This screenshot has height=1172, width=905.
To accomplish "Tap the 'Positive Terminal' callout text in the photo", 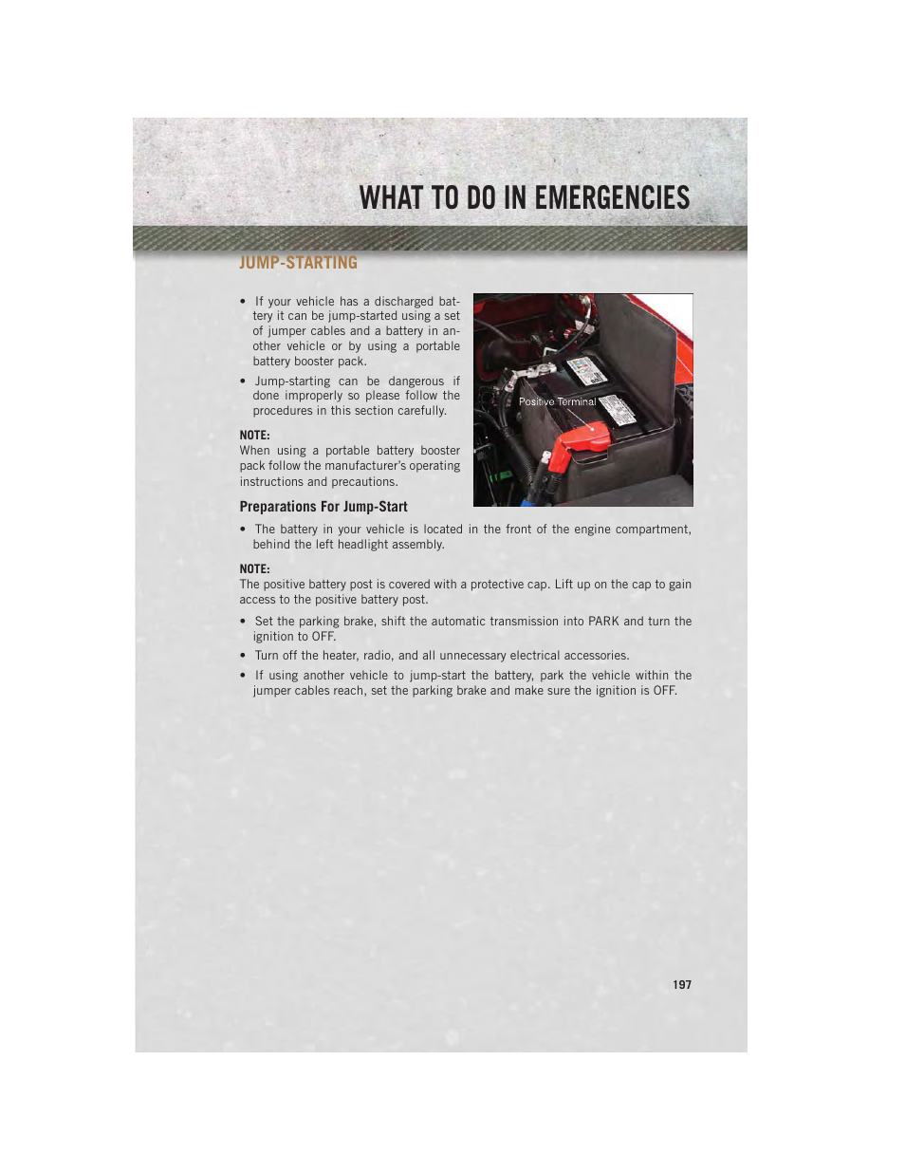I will [557, 401].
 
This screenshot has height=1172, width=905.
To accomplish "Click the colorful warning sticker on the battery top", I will [585, 370].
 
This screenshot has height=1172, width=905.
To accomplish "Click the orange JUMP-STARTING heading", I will [298, 263].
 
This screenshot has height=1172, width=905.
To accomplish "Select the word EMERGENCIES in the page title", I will [612, 197].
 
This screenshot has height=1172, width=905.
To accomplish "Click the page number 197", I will [681, 985].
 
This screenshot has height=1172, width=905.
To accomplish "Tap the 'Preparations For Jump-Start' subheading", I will [323, 507].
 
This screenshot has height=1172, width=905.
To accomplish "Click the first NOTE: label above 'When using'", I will [254, 436].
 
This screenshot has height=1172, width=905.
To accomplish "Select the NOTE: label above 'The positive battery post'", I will [254, 569].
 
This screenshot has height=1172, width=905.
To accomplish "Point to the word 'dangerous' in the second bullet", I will [416, 381].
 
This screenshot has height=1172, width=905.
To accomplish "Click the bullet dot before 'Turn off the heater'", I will [244, 656].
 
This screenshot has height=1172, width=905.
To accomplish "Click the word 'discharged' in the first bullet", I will [403, 302].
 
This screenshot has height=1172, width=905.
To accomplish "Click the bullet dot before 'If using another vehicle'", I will [244, 676].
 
